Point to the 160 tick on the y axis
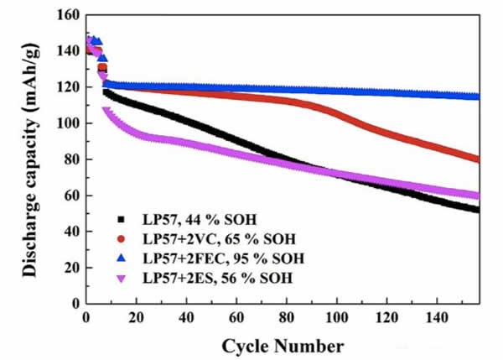pos(67,15)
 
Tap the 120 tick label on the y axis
pos(67,87)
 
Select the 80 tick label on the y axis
pos(70,159)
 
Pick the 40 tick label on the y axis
pos(70,232)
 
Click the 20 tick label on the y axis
pos(70,268)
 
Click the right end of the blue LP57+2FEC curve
pos(478,97)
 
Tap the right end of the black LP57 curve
pos(477,210)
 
